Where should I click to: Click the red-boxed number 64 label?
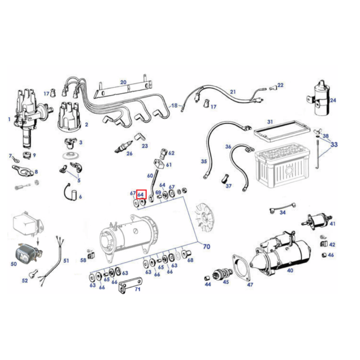coord(140,195)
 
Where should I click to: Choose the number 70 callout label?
coord(206,246)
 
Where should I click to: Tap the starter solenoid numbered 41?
coord(317,221)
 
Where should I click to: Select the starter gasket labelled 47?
coord(241,267)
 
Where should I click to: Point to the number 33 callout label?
coord(334,144)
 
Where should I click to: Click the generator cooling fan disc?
coord(204,216)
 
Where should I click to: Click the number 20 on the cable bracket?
coord(123,82)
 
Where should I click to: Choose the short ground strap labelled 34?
coord(282,206)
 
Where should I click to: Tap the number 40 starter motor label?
coord(290,270)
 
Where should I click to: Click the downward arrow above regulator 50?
coord(38,240)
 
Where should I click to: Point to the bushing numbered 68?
coord(185,254)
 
